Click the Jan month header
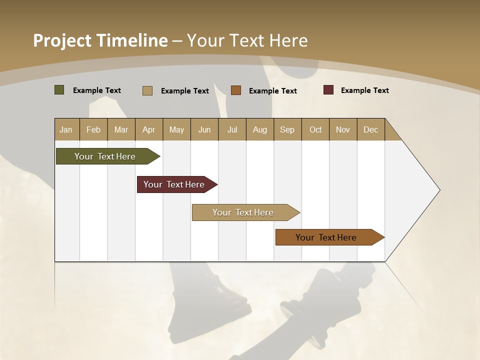pos(66,129)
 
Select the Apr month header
pos(149,129)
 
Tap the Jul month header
pos(232,129)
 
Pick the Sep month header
pos(287,129)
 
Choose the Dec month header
pos(370,129)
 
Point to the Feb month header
pos(93,129)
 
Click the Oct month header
pos(315,129)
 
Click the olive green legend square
pos(59,90)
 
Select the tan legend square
pos(147,90)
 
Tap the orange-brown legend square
pos(236,90)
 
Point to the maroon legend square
pos(328,90)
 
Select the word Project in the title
pos(62,40)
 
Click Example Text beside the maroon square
pos(364,90)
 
